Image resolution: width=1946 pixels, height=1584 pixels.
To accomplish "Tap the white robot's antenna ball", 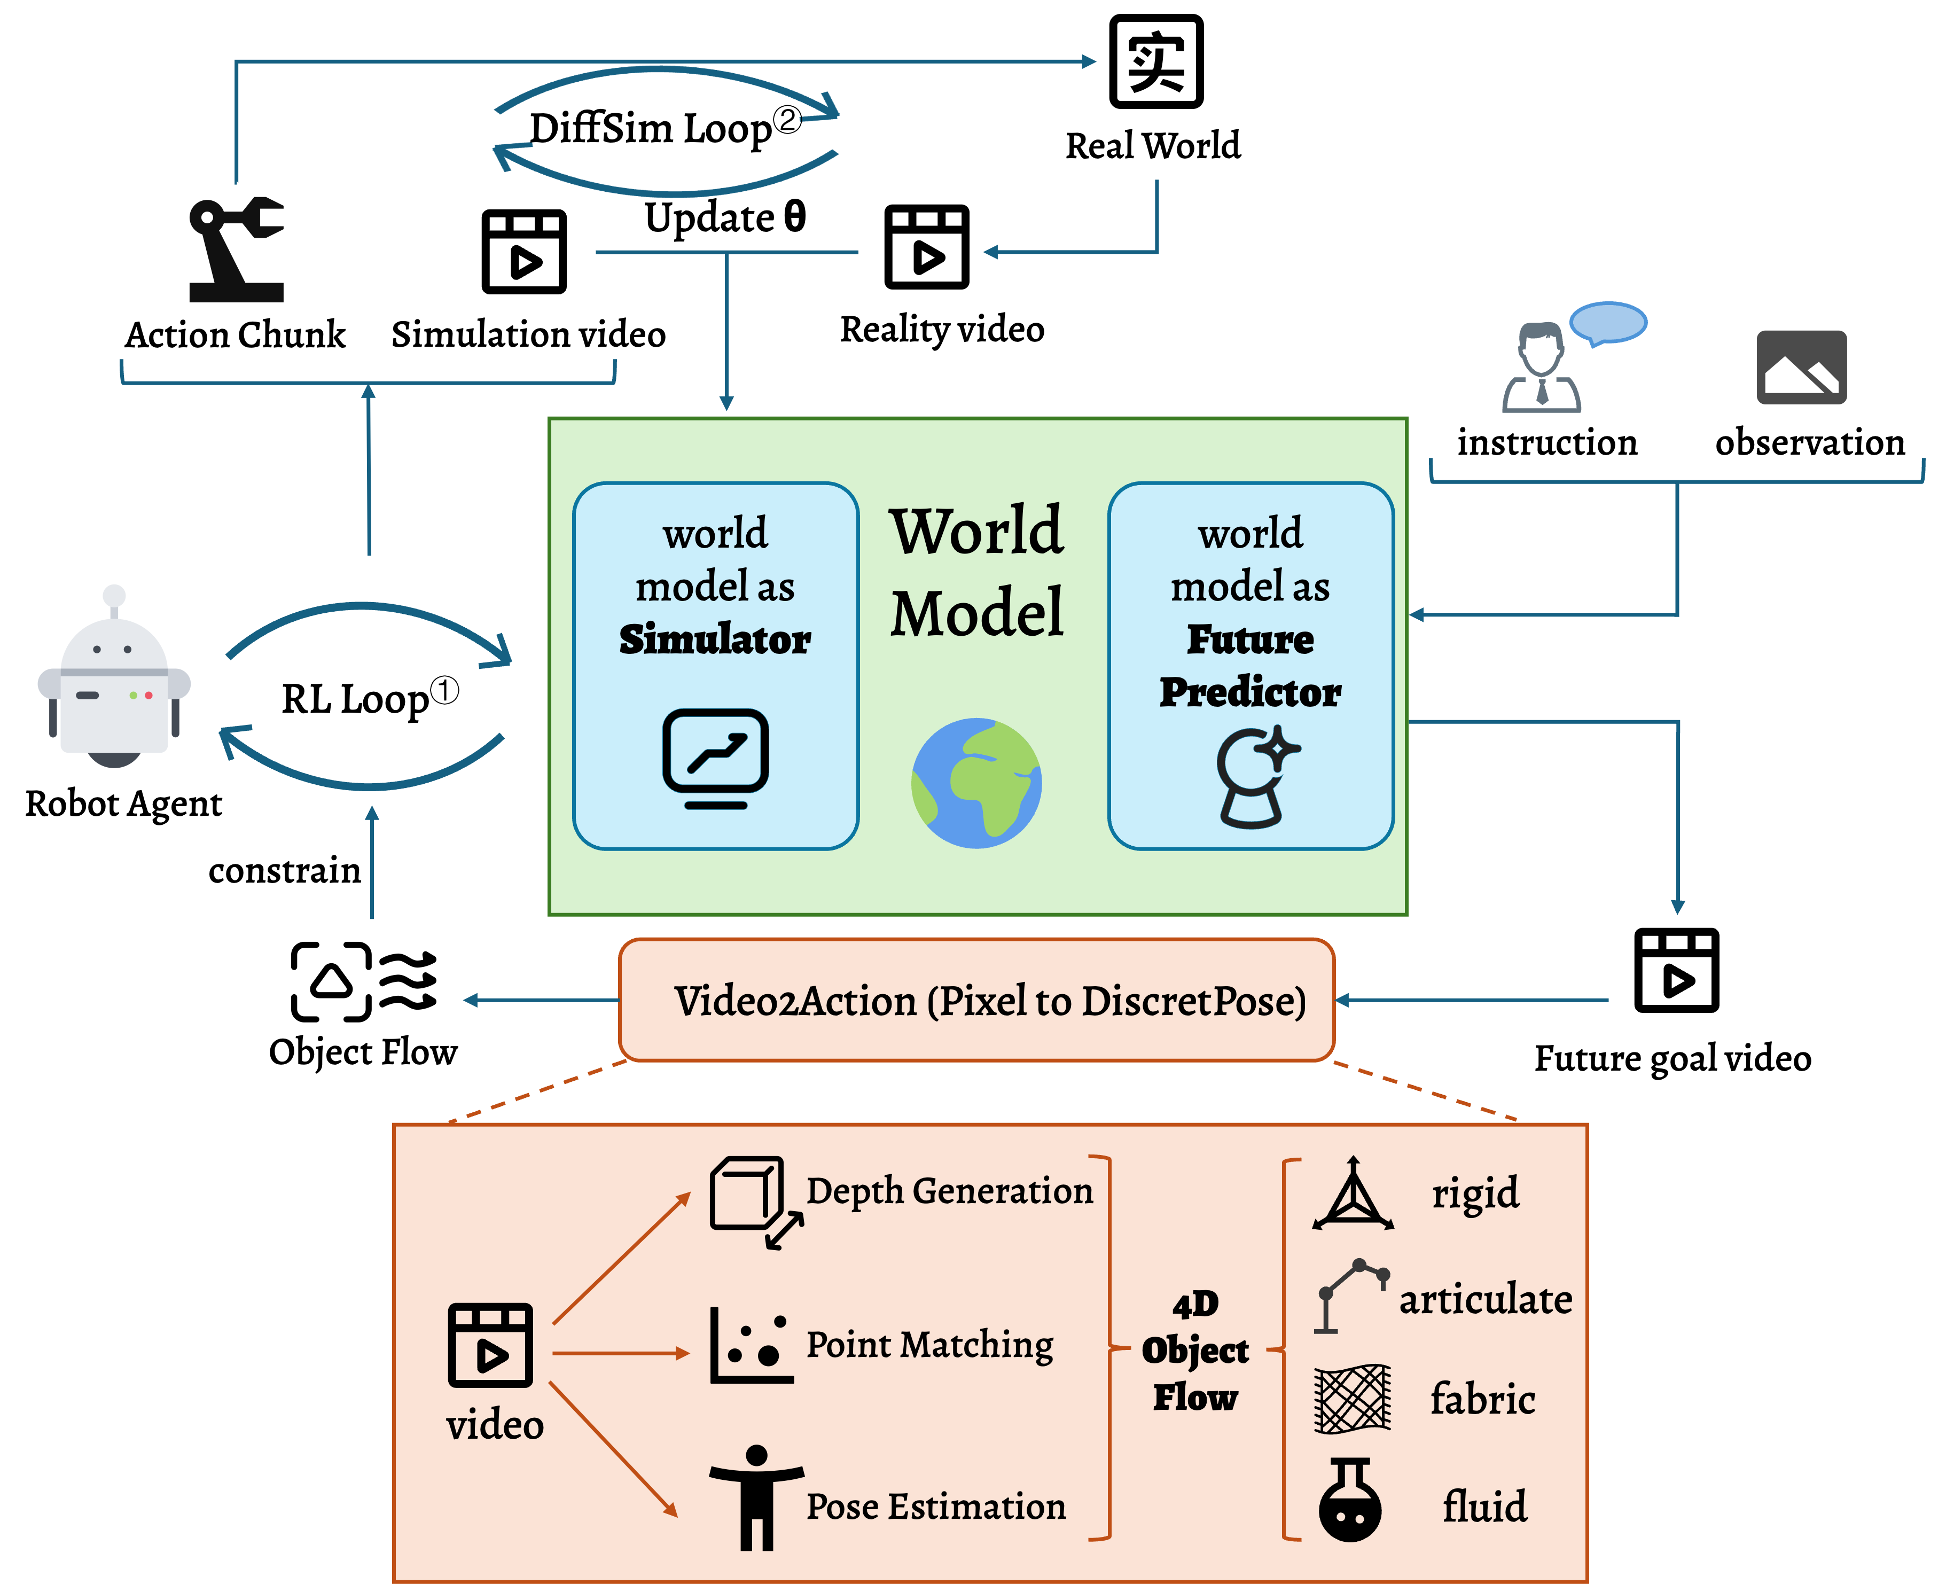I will [114, 596].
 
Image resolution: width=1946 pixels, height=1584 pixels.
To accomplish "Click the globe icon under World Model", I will [976, 783].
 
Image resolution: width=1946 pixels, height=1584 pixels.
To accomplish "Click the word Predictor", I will [1250, 692].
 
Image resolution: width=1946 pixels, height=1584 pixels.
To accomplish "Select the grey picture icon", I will [1801, 367].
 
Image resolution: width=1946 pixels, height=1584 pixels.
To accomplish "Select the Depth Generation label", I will [949, 1191].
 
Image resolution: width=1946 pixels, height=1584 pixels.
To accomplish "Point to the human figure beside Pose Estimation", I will [756, 1496].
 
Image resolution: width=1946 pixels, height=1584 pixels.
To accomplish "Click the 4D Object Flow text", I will [1194, 1351].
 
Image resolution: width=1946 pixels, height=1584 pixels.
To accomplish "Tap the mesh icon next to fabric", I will [1352, 1398].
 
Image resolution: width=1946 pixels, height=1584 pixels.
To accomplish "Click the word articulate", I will [1484, 1298].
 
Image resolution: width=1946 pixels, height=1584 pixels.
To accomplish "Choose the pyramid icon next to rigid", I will [1352, 1195].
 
